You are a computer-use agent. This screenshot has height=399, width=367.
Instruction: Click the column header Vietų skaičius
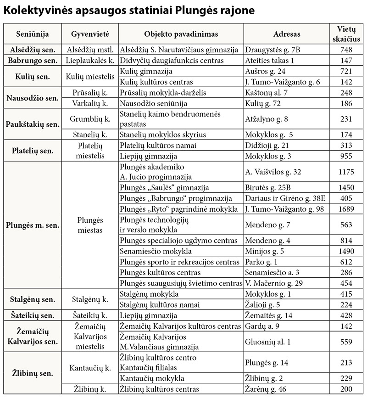346,34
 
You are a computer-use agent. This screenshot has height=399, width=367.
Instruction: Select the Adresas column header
287,34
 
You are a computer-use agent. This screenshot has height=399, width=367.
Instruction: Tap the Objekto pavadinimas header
181,34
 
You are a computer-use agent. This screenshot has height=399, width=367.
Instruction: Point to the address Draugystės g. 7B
272,49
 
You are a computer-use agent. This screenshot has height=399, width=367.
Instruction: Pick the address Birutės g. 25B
269,188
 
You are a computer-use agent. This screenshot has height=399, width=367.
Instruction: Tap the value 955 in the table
346,156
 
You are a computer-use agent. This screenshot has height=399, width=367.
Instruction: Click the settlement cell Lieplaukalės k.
90,60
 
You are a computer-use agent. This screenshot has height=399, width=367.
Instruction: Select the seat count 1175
346,172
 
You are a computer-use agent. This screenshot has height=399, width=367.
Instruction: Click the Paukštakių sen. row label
31,124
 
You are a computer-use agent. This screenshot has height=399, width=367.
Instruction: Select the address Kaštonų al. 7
267,92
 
